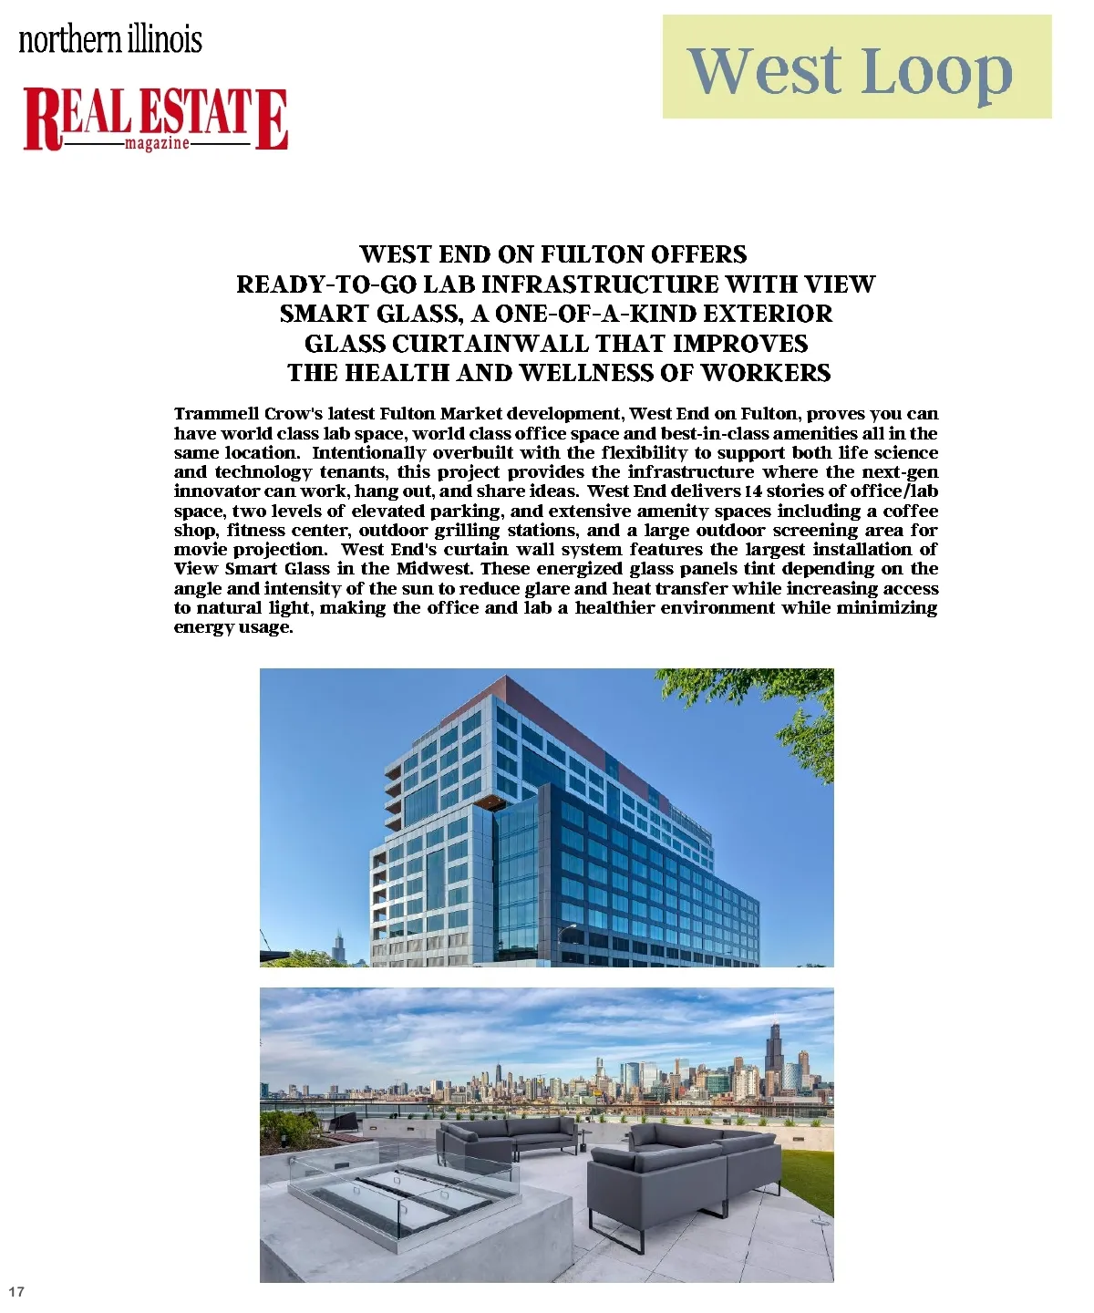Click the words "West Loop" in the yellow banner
(x=850, y=70)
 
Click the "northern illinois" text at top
(x=110, y=39)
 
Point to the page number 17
(x=16, y=1291)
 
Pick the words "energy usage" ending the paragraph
(x=233, y=627)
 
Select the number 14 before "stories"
(x=753, y=491)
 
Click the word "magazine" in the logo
(x=157, y=144)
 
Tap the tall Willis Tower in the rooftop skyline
(x=775, y=1058)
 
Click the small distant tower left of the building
(x=339, y=948)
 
